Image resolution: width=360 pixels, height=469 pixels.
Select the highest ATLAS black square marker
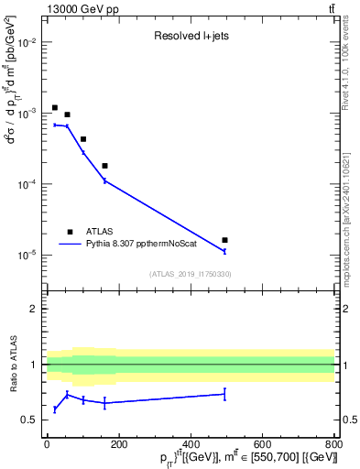55,107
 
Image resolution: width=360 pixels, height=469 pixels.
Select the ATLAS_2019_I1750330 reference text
191,274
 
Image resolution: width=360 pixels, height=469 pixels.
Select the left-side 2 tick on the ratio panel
33,309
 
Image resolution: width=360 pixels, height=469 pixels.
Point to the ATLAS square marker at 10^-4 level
104,166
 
